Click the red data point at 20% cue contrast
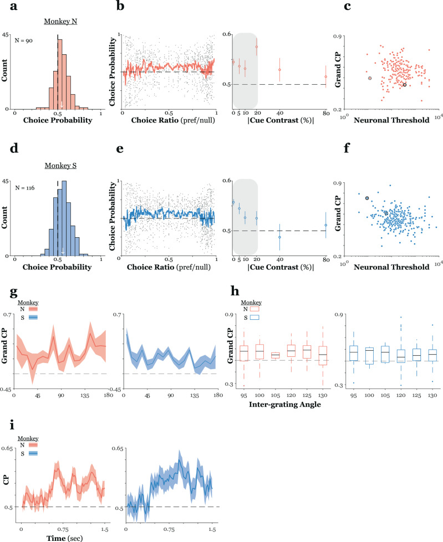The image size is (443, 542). (x=257, y=47)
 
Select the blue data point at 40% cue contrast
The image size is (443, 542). (x=280, y=237)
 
